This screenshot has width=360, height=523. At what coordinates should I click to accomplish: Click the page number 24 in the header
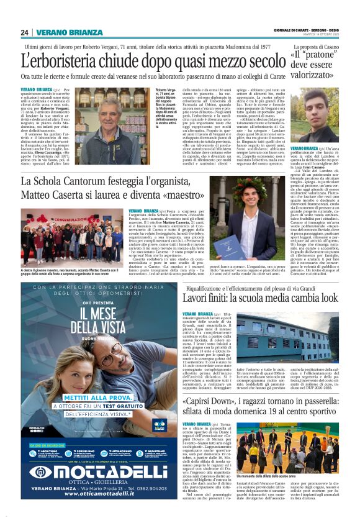click(x=25, y=32)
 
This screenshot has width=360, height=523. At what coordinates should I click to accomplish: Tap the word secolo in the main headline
click(x=260, y=61)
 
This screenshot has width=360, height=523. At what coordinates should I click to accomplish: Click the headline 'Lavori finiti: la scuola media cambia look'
click(x=261, y=299)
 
